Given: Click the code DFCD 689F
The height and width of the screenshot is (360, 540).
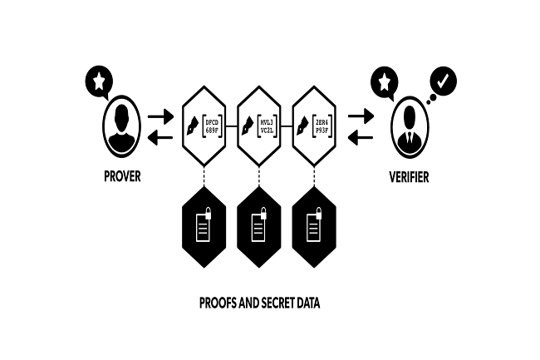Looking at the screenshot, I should click(x=212, y=128).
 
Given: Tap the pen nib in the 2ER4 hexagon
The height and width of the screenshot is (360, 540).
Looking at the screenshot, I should click(x=302, y=129).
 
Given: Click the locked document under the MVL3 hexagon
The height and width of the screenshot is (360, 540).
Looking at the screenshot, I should click(x=257, y=226).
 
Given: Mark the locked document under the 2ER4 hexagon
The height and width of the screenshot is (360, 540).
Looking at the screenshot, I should click(x=313, y=226).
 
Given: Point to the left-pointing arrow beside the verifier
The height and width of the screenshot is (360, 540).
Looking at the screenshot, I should click(x=360, y=139).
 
